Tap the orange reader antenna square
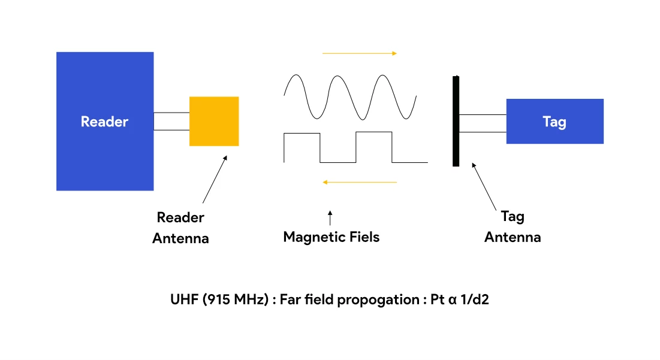(214, 121)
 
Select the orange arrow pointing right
(359, 53)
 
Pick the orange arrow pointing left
(359, 182)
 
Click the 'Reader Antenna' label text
(180, 228)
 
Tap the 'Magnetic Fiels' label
(331, 237)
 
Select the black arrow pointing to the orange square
(215, 180)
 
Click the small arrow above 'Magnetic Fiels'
(330, 217)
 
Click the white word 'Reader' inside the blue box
(104, 122)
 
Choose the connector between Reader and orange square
(171, 121)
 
